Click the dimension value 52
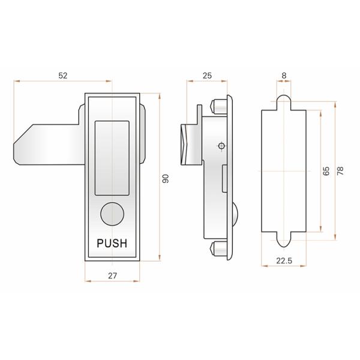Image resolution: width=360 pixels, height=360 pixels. click(63, 76)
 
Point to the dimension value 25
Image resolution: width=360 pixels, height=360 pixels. click(207, 76)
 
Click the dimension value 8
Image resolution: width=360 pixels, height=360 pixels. click(283, 76)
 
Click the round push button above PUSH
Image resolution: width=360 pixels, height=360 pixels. click(111, 214)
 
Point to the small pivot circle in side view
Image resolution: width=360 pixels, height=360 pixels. click(221, 146)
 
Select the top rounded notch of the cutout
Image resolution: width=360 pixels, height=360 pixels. click(283, 102)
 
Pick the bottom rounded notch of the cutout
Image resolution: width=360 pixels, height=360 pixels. click(283, 238)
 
